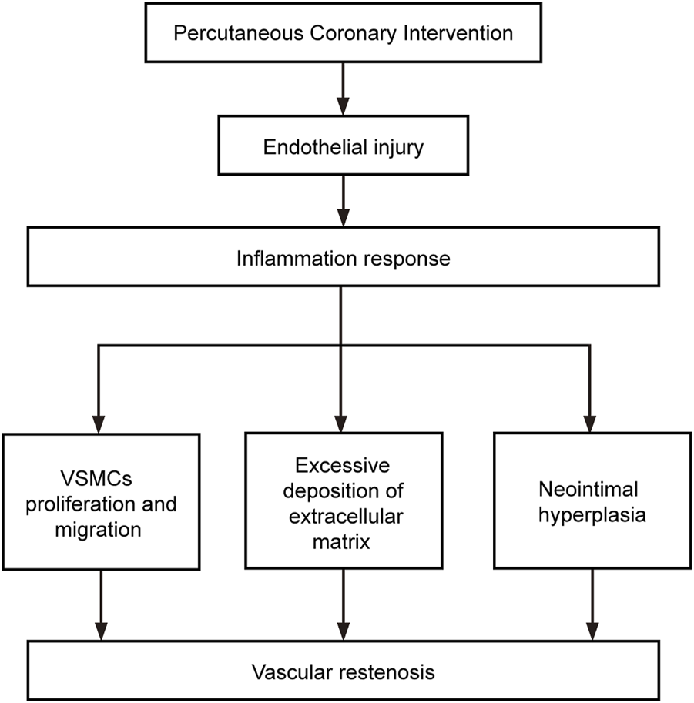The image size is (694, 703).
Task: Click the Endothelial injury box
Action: (344, 146)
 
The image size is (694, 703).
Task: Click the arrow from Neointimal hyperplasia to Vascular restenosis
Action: (590, 604)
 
